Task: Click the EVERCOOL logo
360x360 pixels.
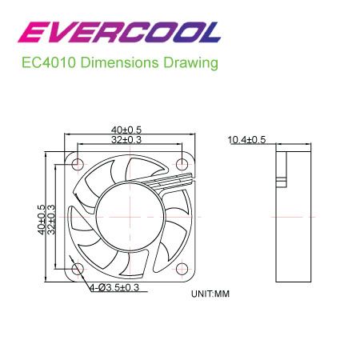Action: pyautogui.click(x=119, y=32)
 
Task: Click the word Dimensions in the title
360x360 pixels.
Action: pyautogui.click(x=119, y=63)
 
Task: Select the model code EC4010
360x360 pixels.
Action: pyautogui.click(x=49, y=63)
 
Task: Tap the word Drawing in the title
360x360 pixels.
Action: pyautogui.click(x=190, y=63)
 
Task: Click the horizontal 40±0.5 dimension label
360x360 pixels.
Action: pyautogui.click(x=126, y=130)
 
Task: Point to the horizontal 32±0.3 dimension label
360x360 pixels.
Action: pyautogui.click(x=126, y=139)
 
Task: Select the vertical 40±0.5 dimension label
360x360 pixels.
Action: pyautogui.click(x=42, y=219)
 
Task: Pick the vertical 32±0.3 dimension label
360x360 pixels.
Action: pyautogui.click(x=51, y=219)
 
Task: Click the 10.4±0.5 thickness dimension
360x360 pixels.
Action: pyautogui.click(x=246, y=140)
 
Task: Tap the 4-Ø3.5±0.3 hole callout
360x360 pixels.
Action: pyautogui.click(x=114, y=287)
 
